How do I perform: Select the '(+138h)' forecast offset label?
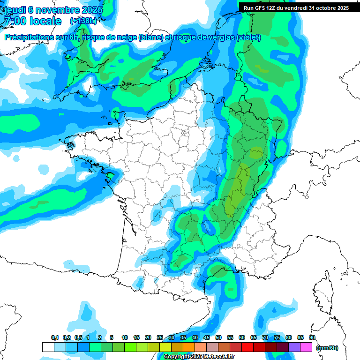coord(83,21)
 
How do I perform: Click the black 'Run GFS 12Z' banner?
coord(296,8)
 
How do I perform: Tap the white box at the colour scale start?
coord(48,347)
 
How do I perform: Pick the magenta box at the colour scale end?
coord(306,347)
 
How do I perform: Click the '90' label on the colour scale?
coord(312,337)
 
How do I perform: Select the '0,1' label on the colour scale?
coord(55,337)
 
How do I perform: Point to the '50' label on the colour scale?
coord(218,337)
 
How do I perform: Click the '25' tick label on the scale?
coord(160,337)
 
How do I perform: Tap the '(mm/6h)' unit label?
coord(327,348)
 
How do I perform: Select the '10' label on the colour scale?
coord(125,337)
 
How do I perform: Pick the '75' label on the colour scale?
coord(277,337)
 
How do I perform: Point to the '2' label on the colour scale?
coord(100,337)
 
